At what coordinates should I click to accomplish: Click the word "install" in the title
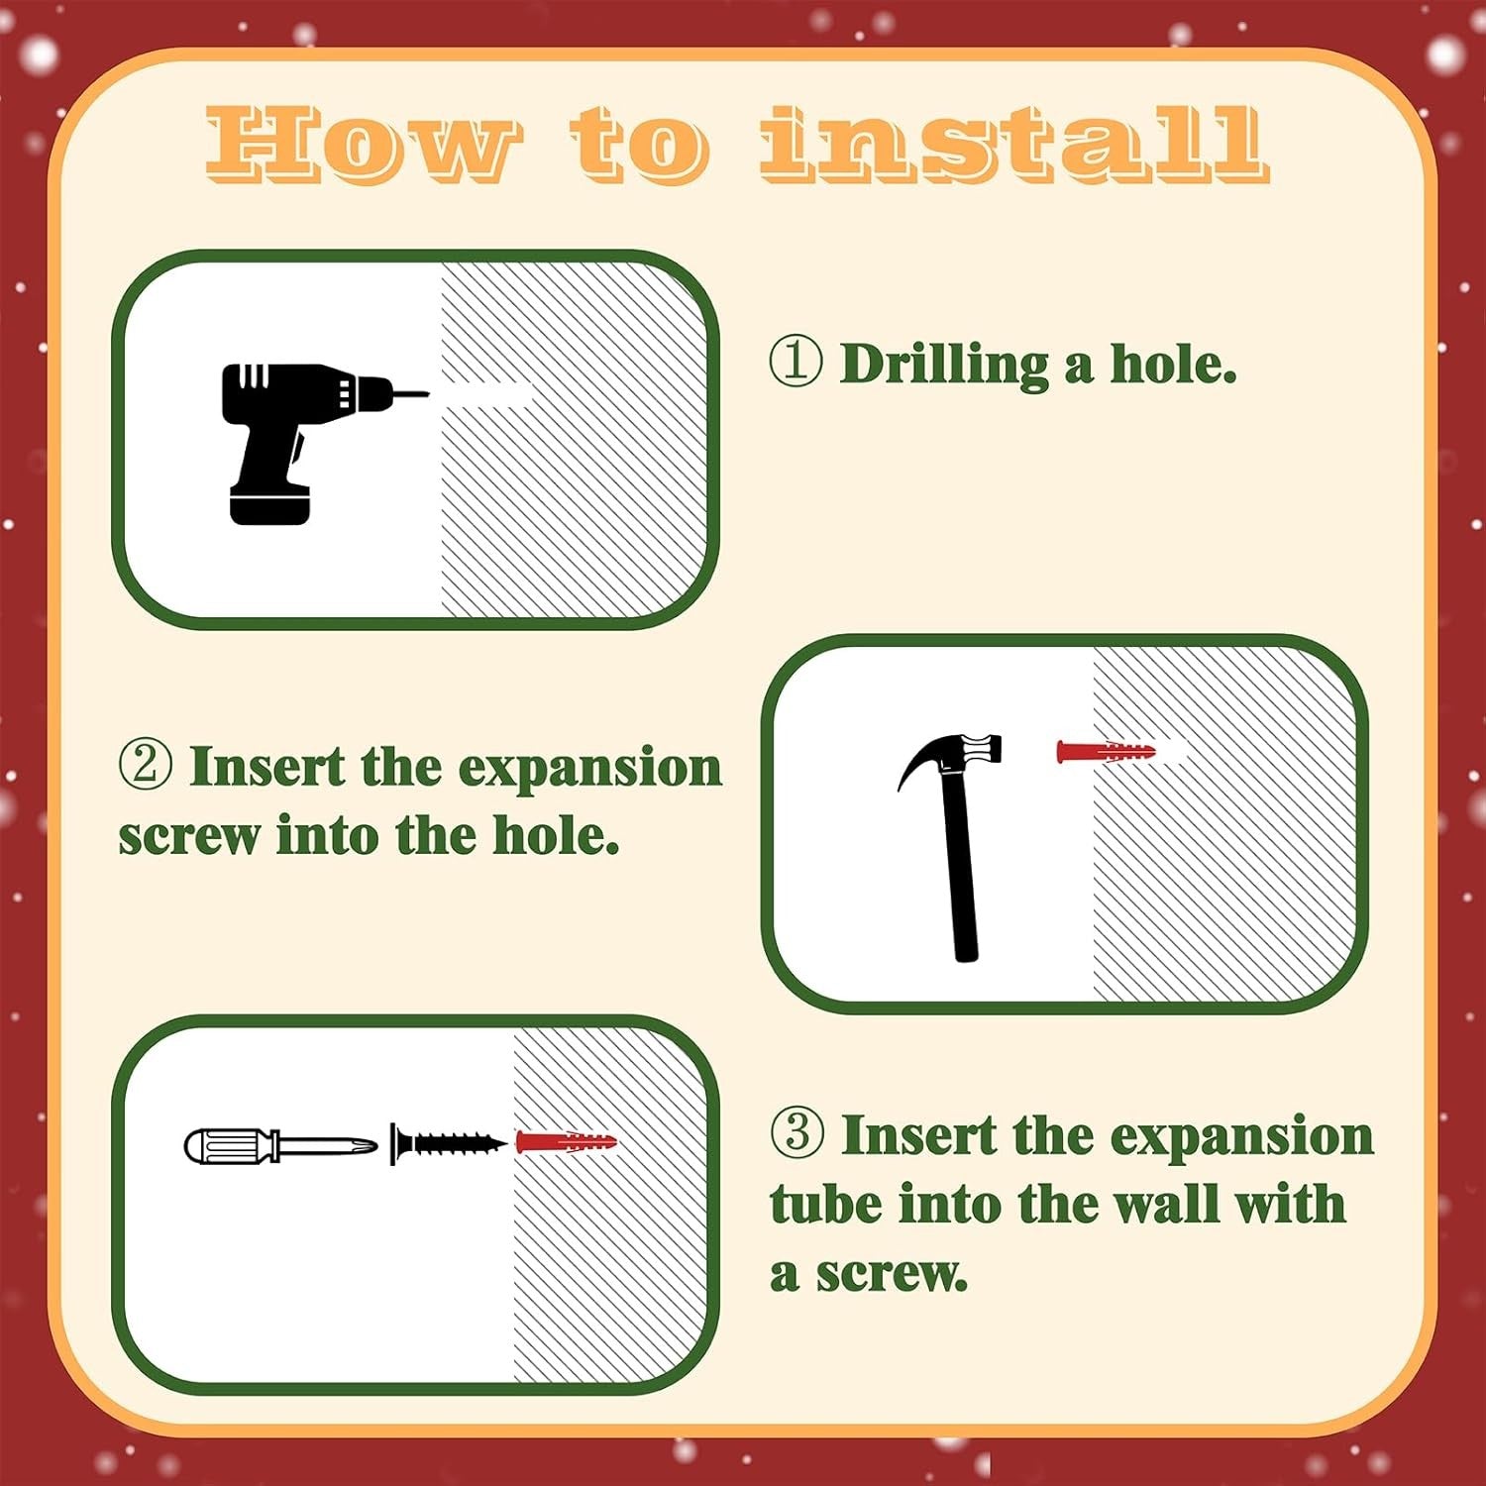tap(1013, 145)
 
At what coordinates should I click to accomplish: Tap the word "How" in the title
tap(363, 145)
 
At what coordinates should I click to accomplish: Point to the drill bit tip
tap(428, 394)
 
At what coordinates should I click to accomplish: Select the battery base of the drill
tap(269, 504)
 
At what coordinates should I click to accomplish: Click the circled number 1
tap(796, 363)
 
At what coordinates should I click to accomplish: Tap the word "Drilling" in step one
tap(944, 366)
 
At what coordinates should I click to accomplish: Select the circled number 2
tap(146, 766)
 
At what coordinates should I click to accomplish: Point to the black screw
tap(449, 1144)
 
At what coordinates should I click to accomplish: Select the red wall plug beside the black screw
tap(566, 1142)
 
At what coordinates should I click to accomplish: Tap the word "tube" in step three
tap(827, 1205)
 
